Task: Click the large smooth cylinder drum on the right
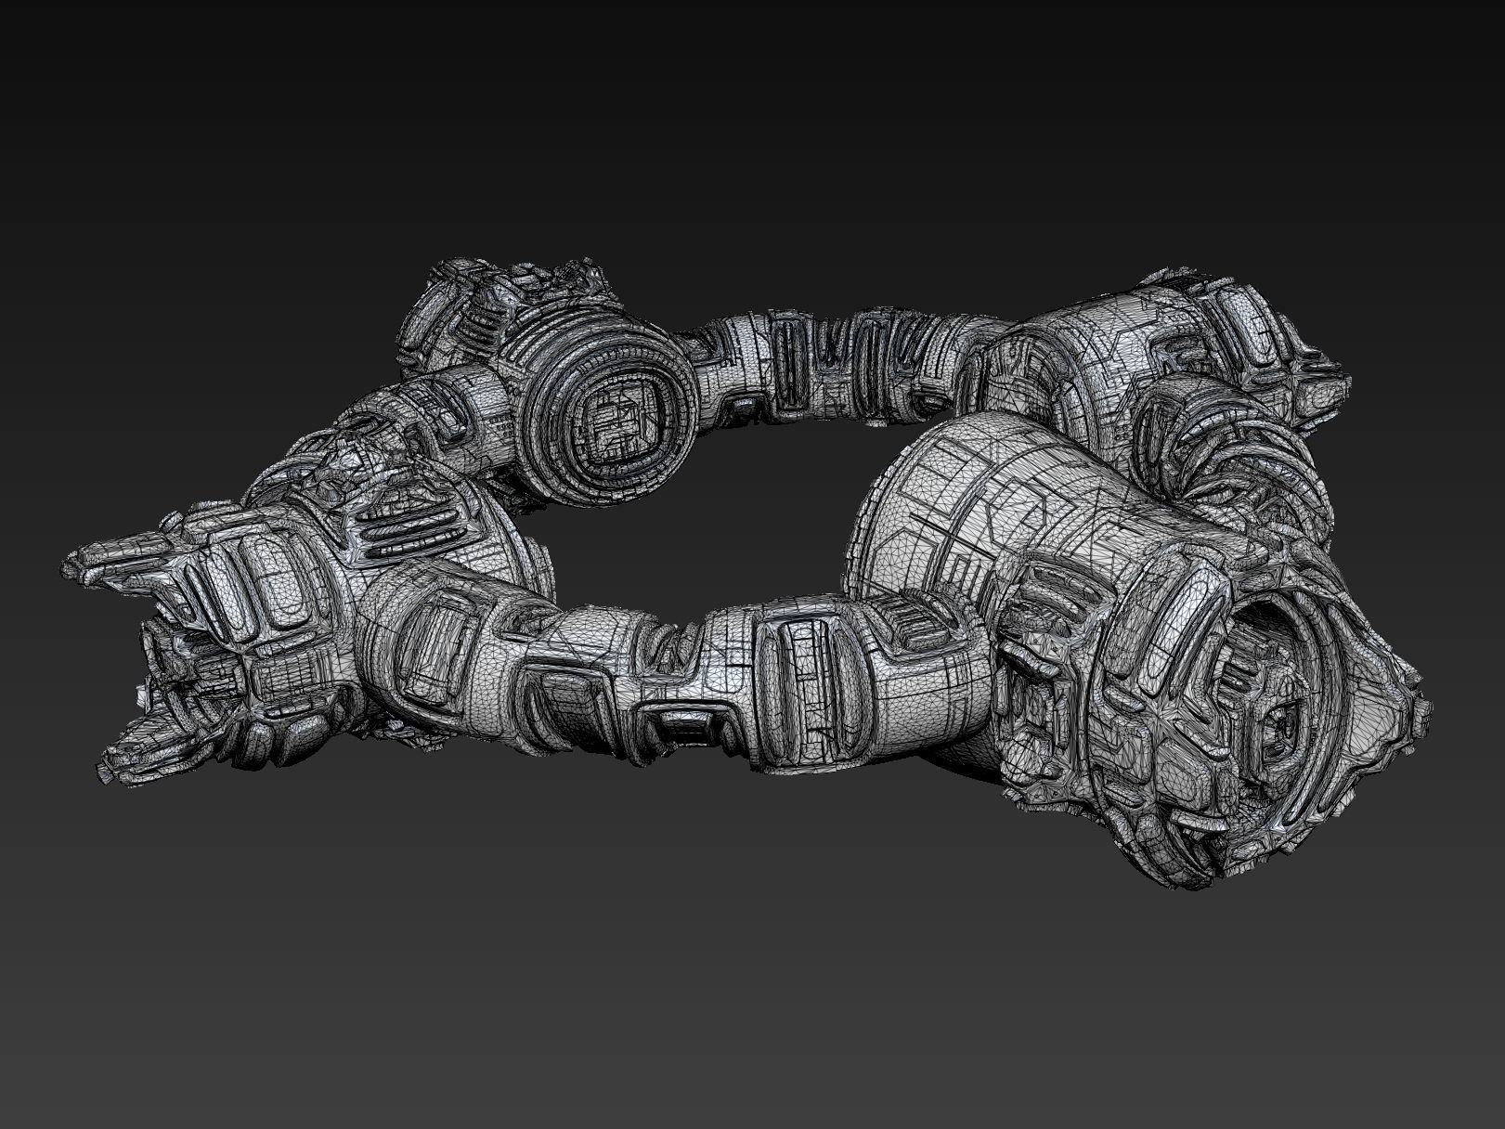(x=1003, y=483)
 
